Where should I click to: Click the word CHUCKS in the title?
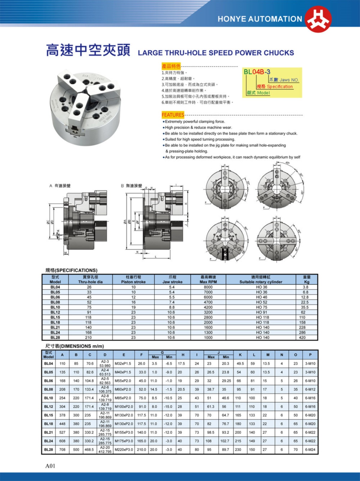(279, 53)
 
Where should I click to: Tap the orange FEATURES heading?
(173, 115)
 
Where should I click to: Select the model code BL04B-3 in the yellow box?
(257, 72)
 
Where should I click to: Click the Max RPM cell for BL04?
(208, 287)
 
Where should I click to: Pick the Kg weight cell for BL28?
(302, 338)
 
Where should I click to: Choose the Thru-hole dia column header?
(90, 280)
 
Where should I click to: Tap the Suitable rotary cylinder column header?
(261, 280)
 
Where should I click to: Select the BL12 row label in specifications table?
(55, 312)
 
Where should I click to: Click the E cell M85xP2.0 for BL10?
(123, 398)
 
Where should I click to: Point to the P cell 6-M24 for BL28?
(310, 450)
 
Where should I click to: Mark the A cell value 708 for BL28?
(62, 450)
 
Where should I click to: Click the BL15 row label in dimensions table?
(48, 415)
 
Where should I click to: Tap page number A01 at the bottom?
(50, 466)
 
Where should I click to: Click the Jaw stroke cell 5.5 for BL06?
(172, 297)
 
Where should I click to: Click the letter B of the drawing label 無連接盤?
(122, 186)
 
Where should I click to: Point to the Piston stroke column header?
(133, 280)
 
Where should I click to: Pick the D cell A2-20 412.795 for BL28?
(105, 449)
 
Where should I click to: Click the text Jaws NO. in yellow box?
(289, 80)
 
